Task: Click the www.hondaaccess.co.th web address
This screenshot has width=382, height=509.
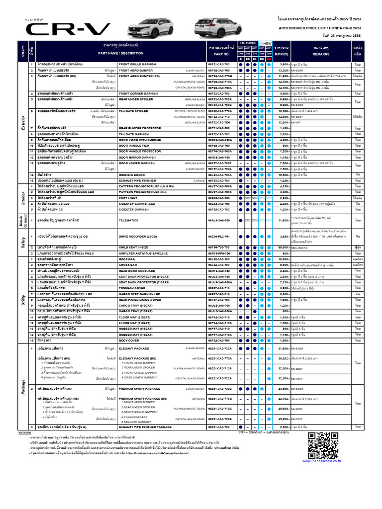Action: click(x=325, y=461)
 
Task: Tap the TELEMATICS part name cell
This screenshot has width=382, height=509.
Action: click(x=132, y=220)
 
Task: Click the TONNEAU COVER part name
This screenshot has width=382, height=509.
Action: click(x=133, y=288)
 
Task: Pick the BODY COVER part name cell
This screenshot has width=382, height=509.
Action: click(x=130, y=340)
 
